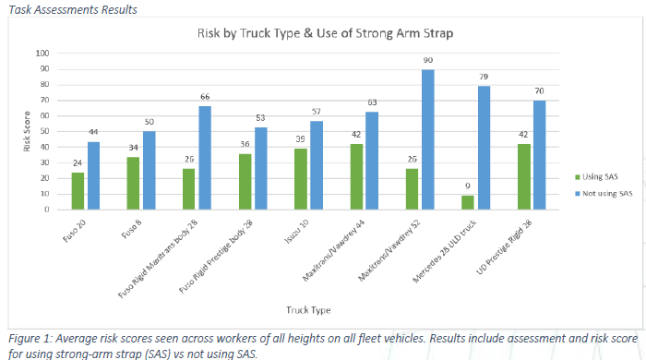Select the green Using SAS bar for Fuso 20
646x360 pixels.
click(x=78, y=191)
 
